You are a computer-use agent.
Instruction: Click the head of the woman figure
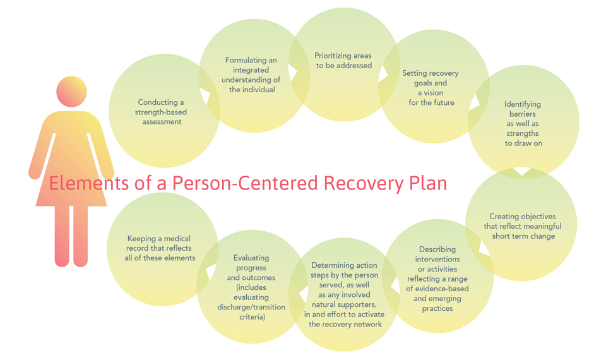point(71,92)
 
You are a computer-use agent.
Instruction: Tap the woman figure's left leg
point(62,236)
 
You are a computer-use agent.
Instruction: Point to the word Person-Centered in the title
point(245,183)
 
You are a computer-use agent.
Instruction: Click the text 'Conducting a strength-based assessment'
point(161,112)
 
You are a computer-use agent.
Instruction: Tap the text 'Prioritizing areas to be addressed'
point(343,61)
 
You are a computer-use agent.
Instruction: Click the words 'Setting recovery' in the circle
point(430,73)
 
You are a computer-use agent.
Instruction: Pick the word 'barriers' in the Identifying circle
point(523,114)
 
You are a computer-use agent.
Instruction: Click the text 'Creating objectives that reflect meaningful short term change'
point(523,226)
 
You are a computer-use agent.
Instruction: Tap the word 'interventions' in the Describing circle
point(437,259)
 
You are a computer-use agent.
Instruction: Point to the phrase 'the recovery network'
point(345,324)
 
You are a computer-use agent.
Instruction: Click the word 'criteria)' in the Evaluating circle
point(252,317)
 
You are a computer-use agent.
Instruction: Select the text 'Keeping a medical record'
point(159,243)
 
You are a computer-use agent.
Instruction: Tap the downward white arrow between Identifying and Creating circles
point(522,172)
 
